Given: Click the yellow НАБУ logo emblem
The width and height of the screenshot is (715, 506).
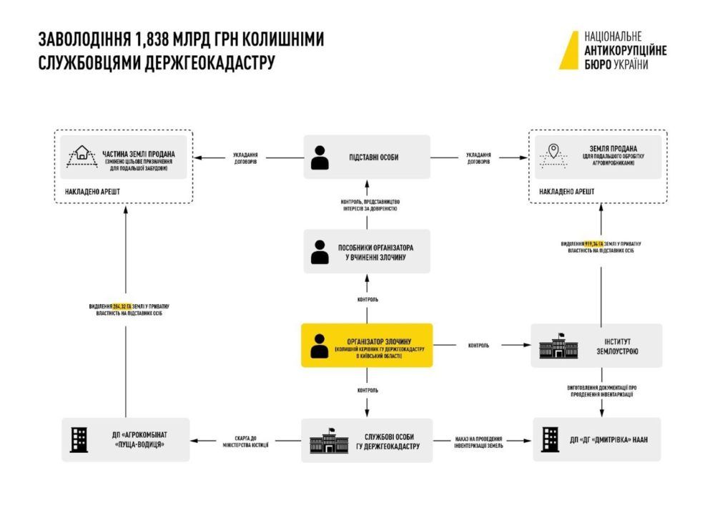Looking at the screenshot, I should (x=570, y=50).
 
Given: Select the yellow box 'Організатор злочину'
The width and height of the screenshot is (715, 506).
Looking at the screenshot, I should (x=367, y=345).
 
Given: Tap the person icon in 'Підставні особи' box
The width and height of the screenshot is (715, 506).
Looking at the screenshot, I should (x=320, y=157).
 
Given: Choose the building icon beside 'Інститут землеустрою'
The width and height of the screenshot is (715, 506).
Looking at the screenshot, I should (x=559, y=346).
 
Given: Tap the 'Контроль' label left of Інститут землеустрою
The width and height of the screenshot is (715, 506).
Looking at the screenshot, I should (x=478, y=346).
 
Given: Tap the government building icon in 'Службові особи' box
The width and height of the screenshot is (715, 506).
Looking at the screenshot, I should (x=327, y=440).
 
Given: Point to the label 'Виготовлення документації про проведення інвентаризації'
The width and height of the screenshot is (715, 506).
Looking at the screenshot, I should (x=601, y=391).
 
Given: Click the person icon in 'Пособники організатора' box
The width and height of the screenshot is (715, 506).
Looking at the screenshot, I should (x=320, y=251).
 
